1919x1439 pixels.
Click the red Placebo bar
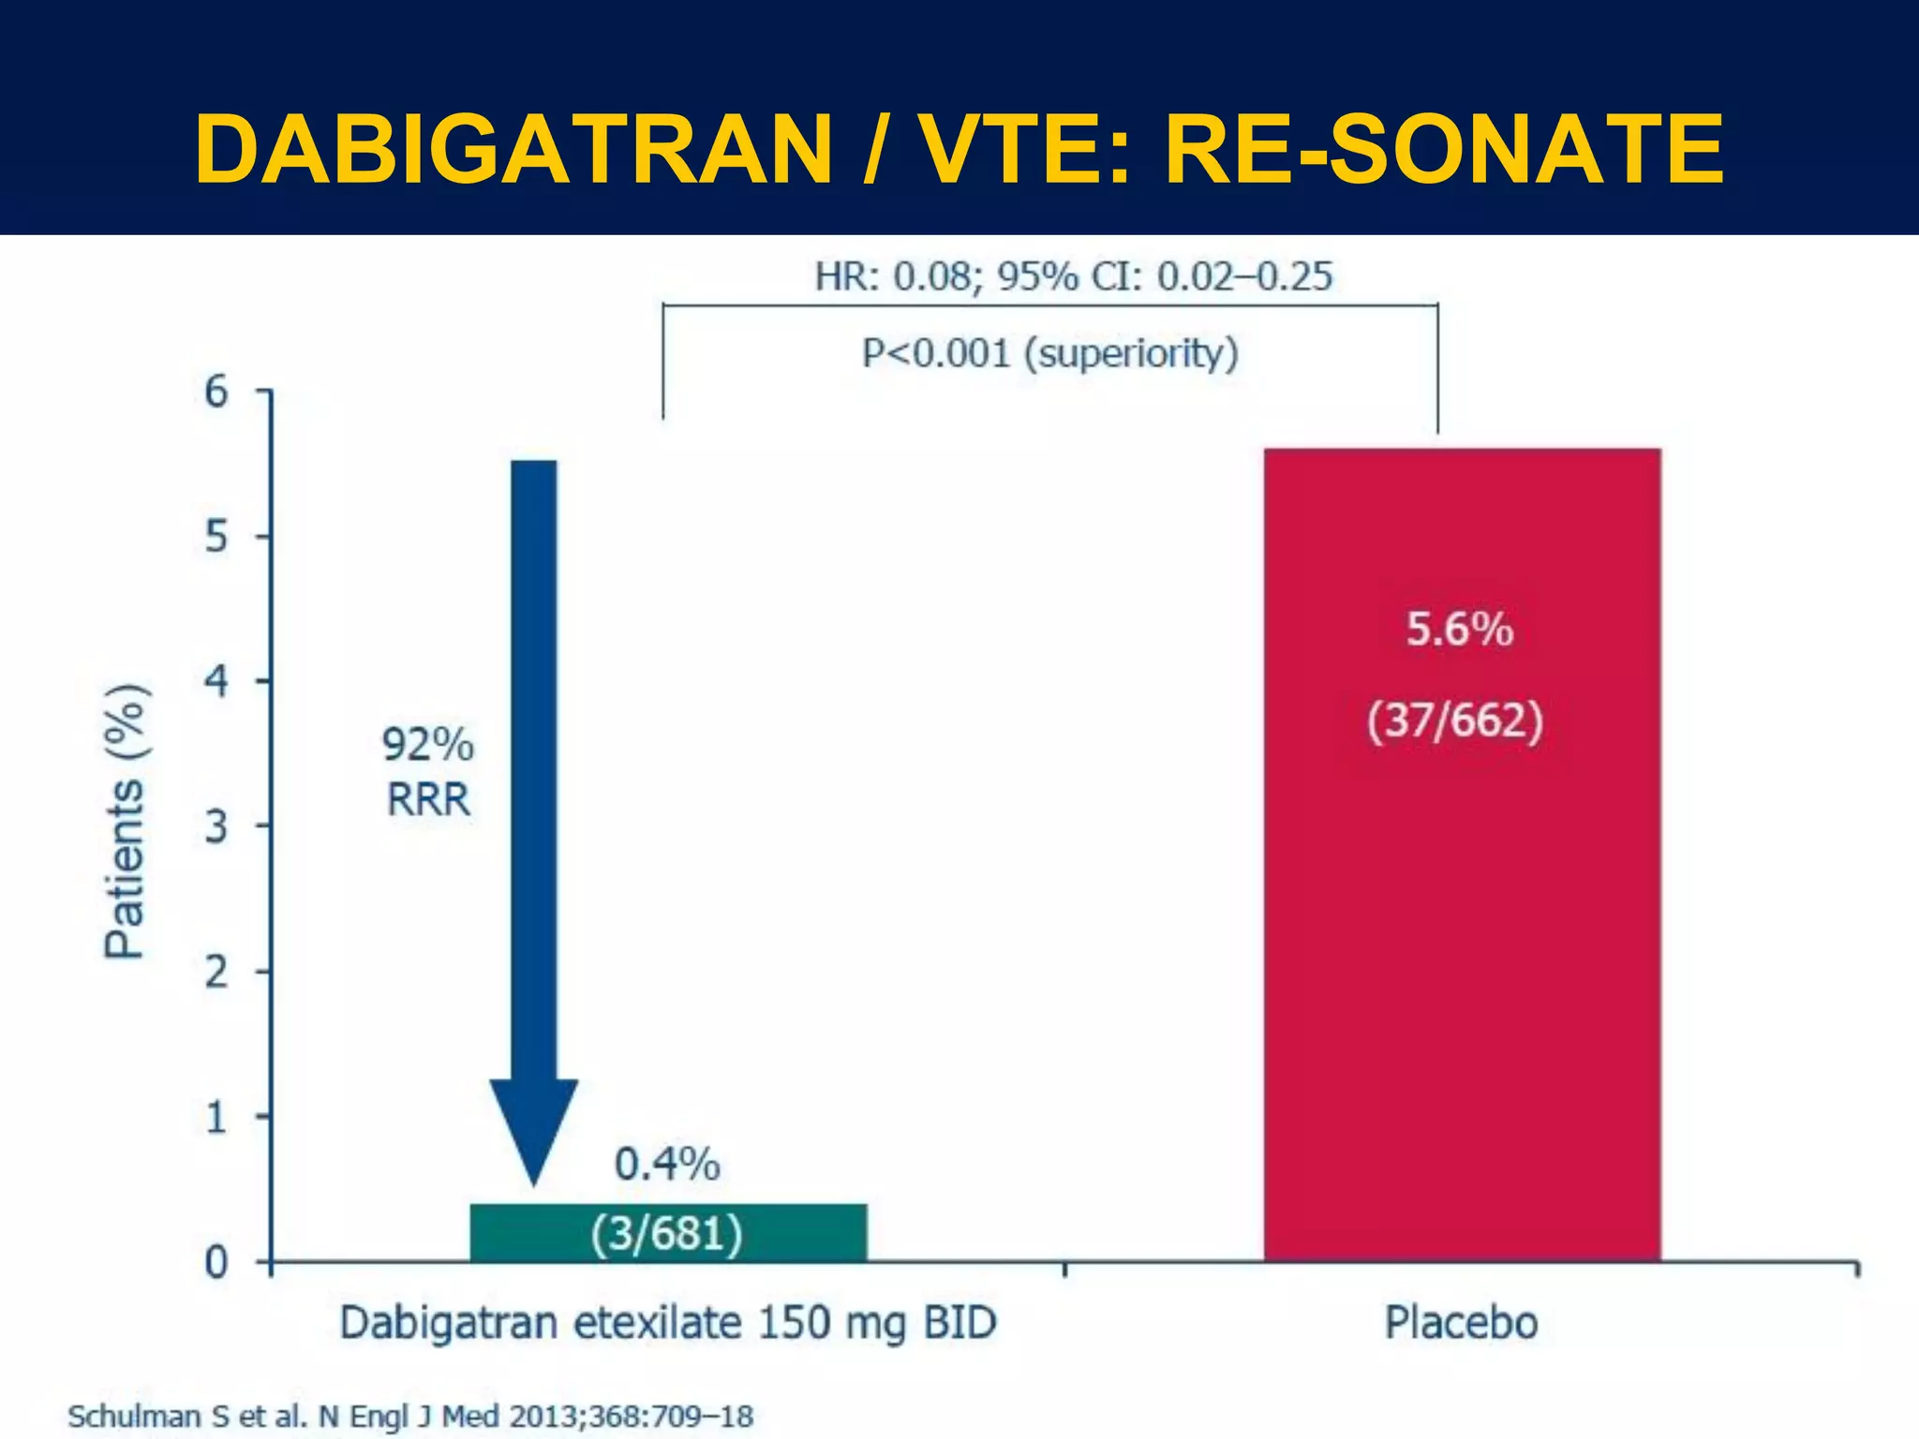coord(1462,937)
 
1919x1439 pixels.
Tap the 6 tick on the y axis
coord(216,392)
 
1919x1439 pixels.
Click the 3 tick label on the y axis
coord(216,826)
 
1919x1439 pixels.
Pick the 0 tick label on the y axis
coord(216,1263)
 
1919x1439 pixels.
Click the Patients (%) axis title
coord(125,822)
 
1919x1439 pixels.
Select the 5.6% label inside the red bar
coord(1459,629)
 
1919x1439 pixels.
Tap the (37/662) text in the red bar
coord(1455,721)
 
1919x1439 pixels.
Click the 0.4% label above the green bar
coord(667,1165)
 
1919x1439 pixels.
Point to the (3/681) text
coord(667,1233)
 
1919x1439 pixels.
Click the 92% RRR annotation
coord(428,773)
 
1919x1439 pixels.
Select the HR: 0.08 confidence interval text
coord(1073,276)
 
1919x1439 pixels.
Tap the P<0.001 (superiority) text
coord(1050,354)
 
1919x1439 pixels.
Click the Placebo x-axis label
coord(1461,1324)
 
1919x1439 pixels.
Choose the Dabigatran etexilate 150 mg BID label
coord(667,1324)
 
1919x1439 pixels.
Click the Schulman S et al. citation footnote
coord(410,1416)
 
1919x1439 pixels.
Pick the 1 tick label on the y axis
coord(216,1117)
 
